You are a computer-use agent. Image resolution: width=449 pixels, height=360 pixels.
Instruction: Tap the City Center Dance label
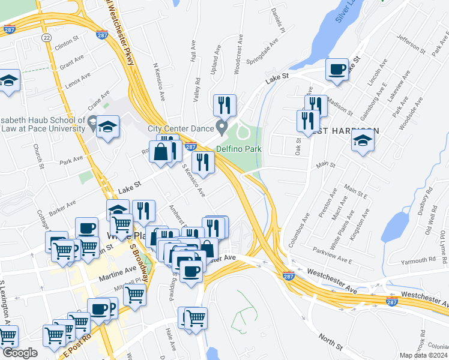click(181, 128)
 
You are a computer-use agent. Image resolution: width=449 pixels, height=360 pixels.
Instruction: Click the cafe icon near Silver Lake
click(337, 69)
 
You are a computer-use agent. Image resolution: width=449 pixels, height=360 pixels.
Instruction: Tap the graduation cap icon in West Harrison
click(363, 142)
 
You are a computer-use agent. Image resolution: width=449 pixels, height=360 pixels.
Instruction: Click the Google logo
click(20, 353)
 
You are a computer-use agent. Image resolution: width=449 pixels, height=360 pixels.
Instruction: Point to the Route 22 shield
click(46, 37)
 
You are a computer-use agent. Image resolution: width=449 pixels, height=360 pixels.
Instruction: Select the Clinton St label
click(67, 44)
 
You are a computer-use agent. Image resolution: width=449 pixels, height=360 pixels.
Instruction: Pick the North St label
click(330, 341)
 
